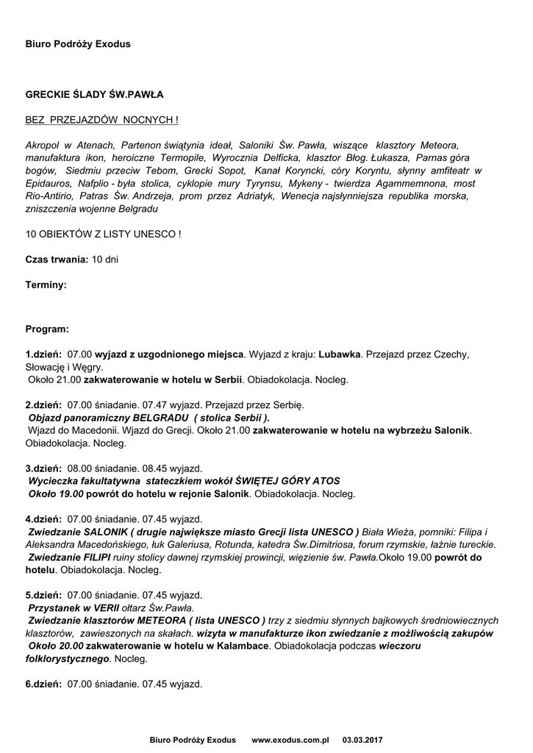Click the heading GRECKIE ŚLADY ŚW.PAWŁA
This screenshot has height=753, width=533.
click(x=94, y=95)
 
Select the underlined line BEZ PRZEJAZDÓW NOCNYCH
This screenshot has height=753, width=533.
click(x=101, y=119)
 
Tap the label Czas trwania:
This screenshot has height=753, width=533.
click(x=57, y=260)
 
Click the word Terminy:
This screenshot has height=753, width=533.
click(x=46, y=283)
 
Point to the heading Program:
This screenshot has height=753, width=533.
click(x=47, y=329)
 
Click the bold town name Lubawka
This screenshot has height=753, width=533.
click(x=340, y=354)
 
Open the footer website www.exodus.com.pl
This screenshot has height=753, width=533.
click(x=290, y=739)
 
